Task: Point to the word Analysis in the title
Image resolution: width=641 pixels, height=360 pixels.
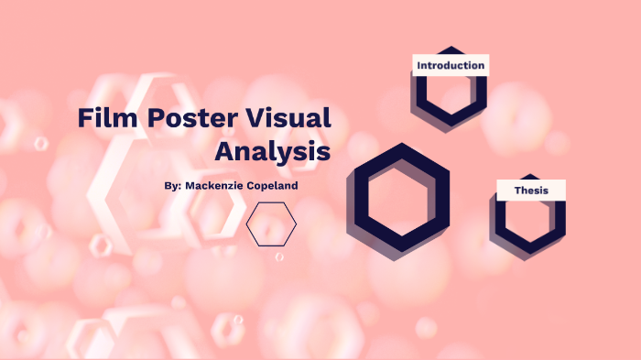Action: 272,150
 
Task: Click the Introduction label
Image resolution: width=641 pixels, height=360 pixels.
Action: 450,66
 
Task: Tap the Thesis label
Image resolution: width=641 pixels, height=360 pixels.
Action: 531,191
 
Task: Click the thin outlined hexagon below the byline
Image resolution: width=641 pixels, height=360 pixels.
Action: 271,224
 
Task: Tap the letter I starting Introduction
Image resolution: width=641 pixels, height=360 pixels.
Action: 419,66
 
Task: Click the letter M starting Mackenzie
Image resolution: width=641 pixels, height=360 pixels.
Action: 190,185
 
